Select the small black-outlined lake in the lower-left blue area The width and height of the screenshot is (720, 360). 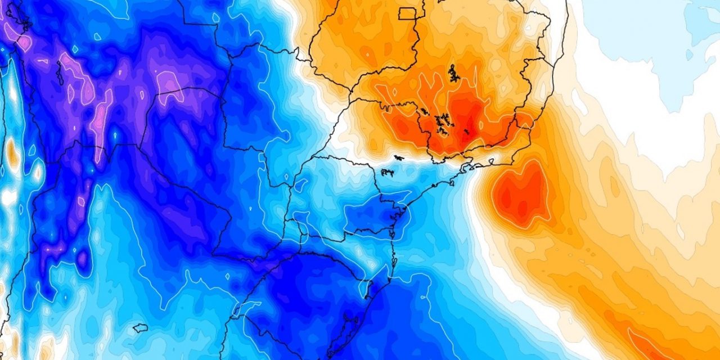coord(140,327)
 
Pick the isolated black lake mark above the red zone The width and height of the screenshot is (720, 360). coord(453,74)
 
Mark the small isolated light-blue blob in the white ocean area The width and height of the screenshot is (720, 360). coord(689,55)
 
